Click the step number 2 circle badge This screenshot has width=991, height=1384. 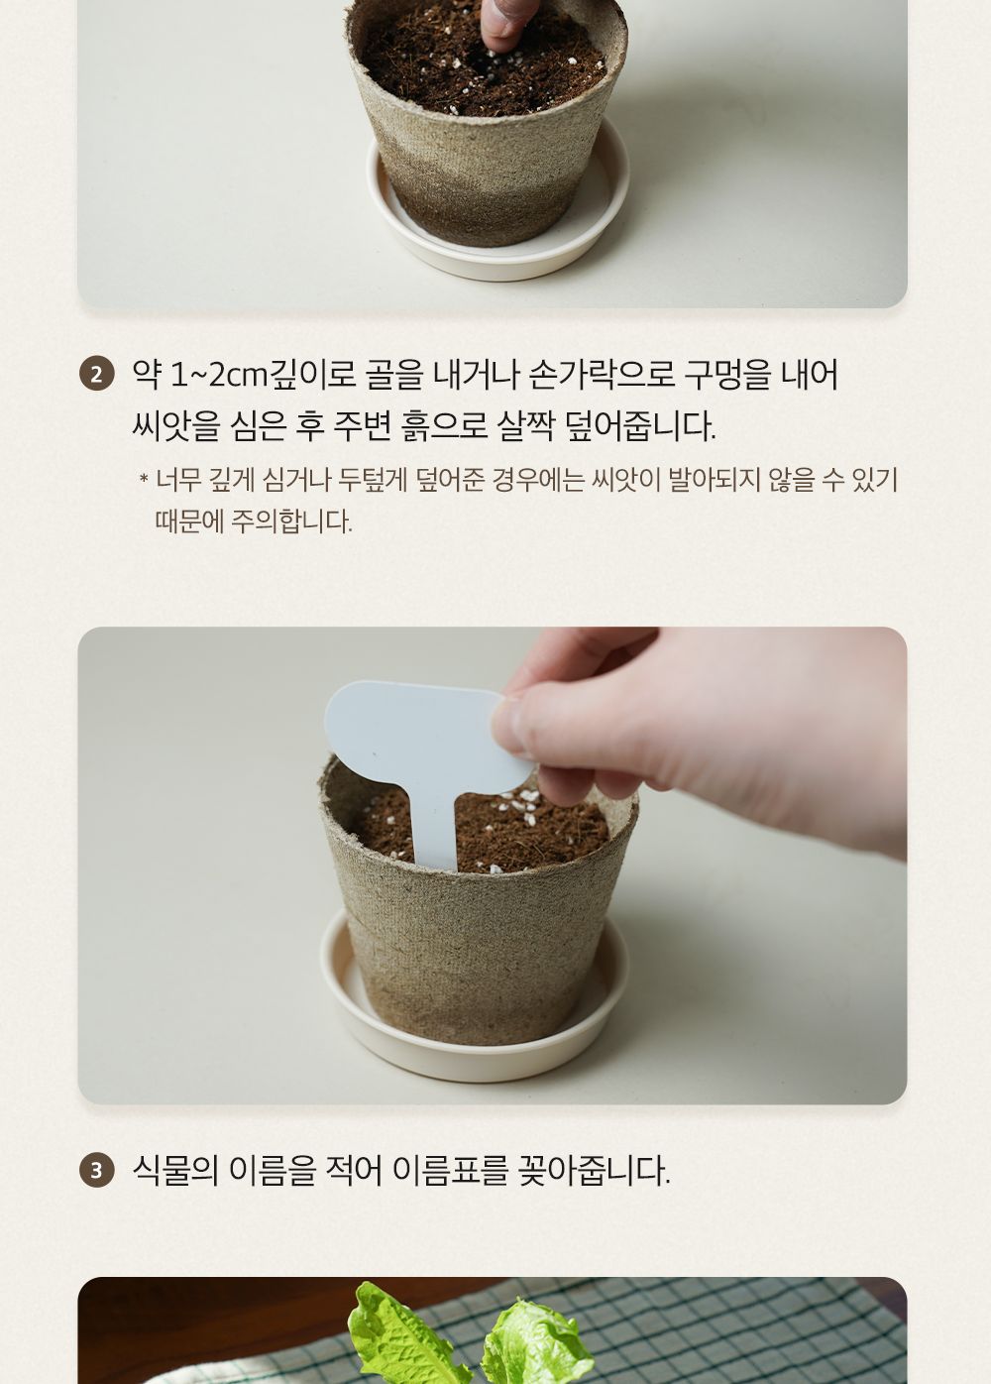(96, 376)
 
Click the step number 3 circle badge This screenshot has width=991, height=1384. (96, 1170)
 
